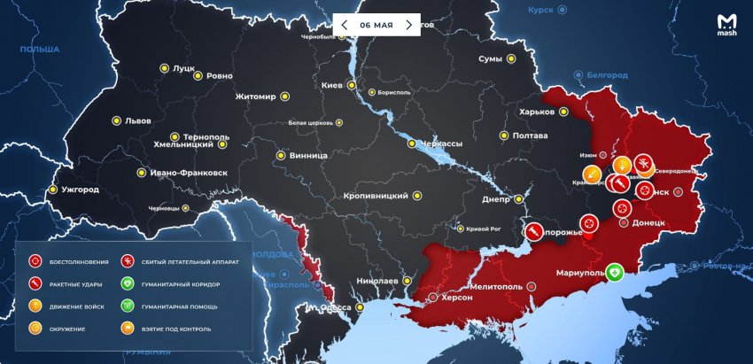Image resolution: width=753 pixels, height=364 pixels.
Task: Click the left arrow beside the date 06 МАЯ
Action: tap(344, 25)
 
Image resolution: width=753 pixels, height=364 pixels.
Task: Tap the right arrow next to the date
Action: tap(408, 25)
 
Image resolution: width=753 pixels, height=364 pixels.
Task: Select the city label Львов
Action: tap(137, 120)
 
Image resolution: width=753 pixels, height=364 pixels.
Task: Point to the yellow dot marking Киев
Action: tap(352, 86)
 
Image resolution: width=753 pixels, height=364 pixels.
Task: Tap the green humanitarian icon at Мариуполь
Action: tap(613, 272)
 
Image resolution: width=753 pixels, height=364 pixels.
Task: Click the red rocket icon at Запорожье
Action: tap(536, 232)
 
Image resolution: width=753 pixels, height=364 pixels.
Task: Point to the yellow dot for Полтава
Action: tap(504, 136)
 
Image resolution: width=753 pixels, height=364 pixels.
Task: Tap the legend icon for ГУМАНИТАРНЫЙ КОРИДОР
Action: tap(128, 284)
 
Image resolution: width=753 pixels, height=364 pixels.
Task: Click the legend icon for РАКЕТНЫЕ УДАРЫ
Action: tap(35, 284)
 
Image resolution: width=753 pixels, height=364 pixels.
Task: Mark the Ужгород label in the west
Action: tap(80, 190)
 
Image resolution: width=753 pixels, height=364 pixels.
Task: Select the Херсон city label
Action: tap(455, 298)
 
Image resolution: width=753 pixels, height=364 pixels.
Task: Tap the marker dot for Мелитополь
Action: tap(531, 287)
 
